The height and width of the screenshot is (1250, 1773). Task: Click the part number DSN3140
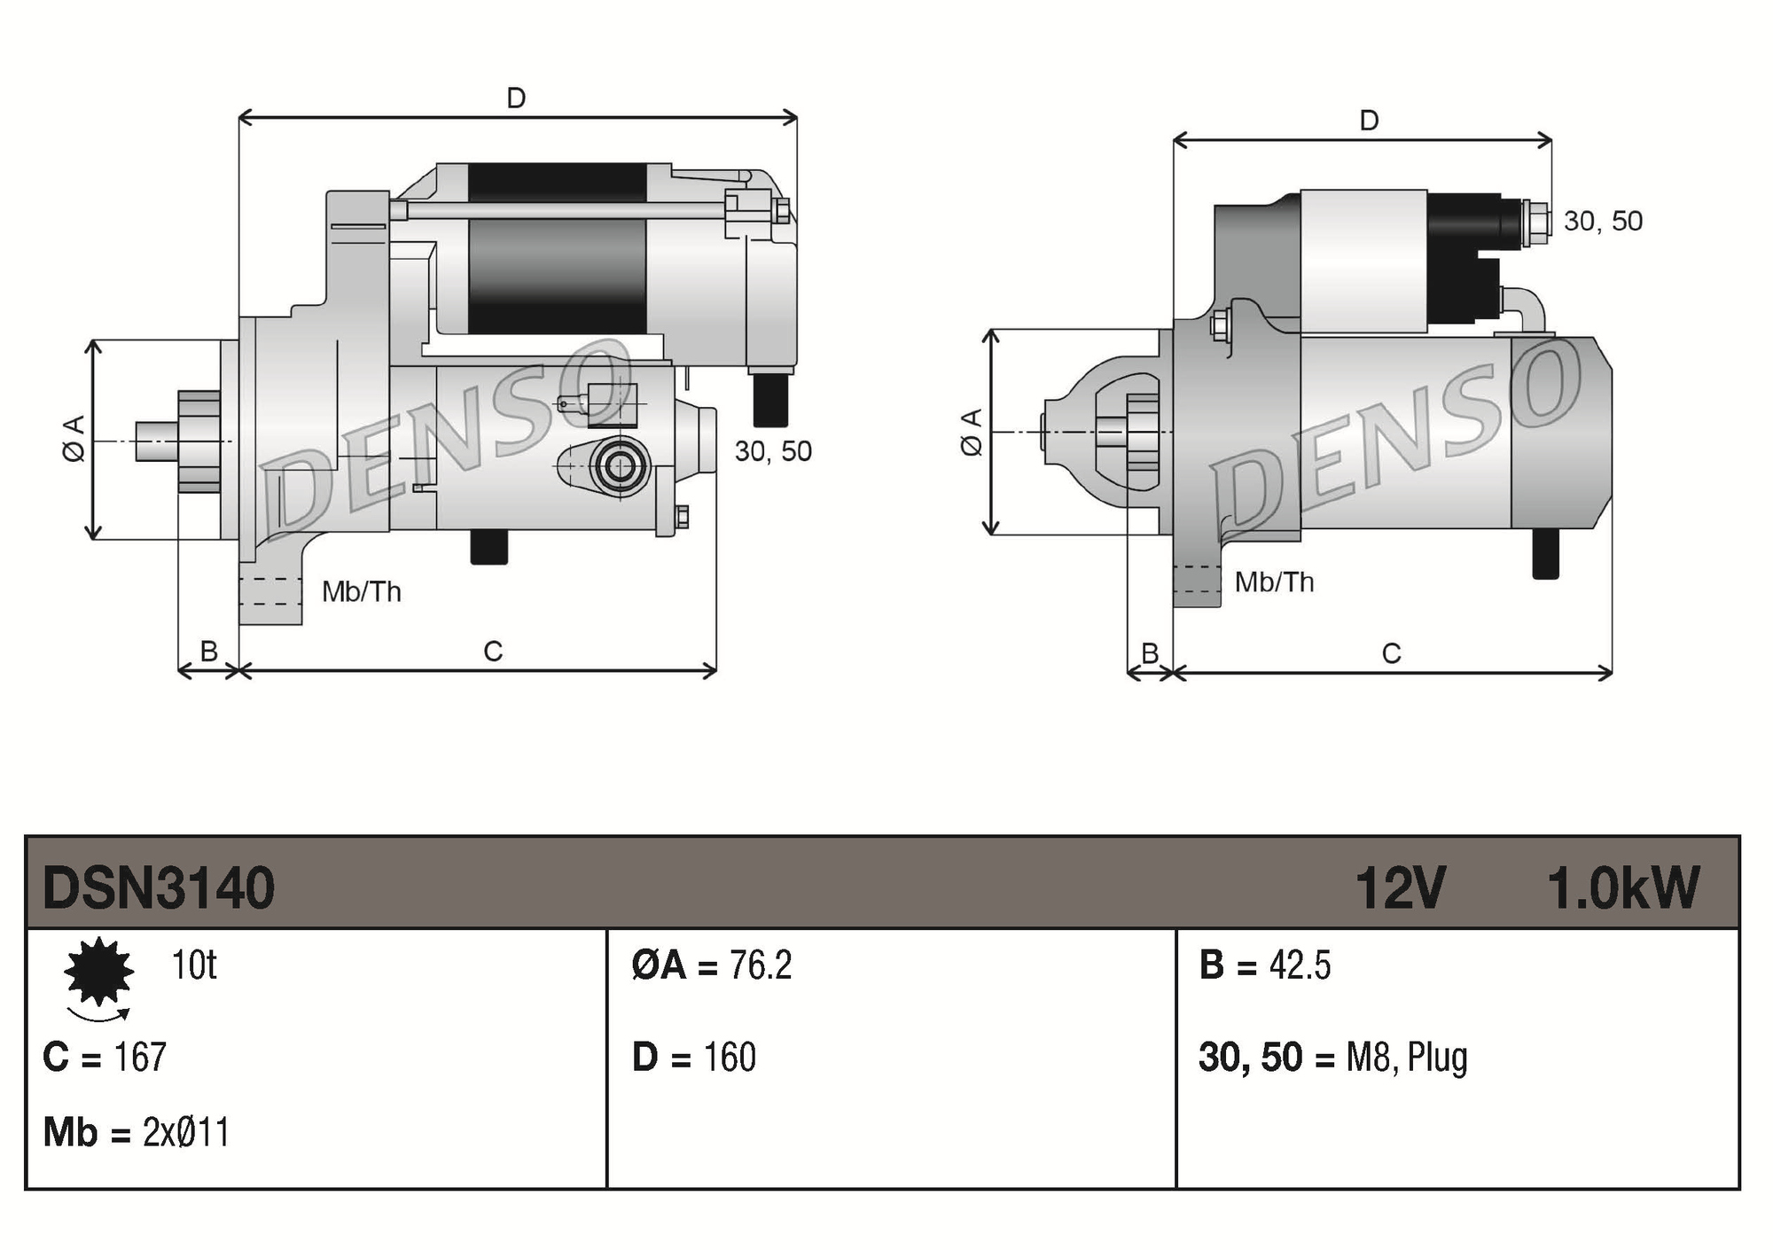[159, 888]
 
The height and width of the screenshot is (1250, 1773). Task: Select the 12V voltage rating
[1400, 888]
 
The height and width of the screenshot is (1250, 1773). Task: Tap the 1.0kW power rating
[1622, 888]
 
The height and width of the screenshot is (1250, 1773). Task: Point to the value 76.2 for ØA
[760, 965]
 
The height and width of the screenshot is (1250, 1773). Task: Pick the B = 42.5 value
[1300, 965]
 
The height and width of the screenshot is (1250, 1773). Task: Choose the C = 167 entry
[105, 1058]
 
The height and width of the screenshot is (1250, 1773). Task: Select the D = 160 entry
[693, 1058]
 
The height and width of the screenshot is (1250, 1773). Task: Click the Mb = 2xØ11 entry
[137, 1133]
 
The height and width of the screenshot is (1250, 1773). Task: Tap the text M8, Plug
[1406, 1058]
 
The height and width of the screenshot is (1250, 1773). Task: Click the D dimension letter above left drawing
[516, 98]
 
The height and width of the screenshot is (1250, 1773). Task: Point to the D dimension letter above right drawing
[1369, 121]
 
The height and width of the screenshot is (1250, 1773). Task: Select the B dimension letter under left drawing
[208, 652]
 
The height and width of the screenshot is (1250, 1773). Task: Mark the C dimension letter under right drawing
[1391, 654]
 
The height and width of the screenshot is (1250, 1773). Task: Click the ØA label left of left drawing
[74, 438]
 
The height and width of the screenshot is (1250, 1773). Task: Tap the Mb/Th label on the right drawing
[1274, 582]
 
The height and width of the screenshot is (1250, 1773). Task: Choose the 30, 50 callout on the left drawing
[773, 452]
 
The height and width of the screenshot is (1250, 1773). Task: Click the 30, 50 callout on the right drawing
[1603, 222]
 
